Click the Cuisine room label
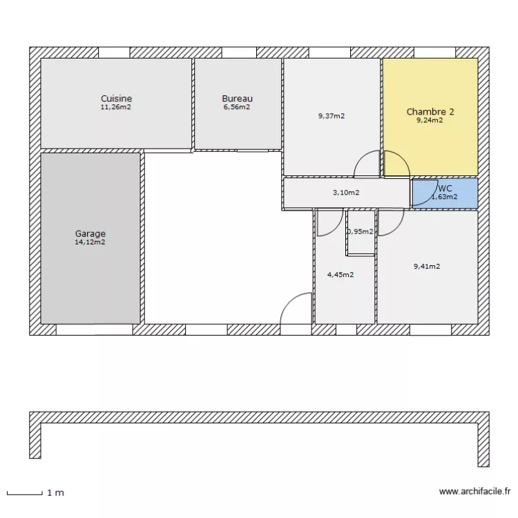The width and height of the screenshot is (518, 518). pos(116,99)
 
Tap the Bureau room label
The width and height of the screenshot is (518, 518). pos(237,99)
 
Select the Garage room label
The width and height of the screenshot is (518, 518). pos(90,233)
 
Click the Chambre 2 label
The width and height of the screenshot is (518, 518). pos(430,111)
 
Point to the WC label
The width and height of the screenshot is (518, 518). pos(445,188)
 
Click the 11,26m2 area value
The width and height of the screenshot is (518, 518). pos(116,107)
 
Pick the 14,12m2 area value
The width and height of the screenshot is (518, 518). pos(90,242)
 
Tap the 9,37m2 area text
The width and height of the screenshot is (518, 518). pos(332,116)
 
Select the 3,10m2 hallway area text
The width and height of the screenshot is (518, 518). pos(346,193)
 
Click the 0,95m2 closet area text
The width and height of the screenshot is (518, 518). pos(361,232)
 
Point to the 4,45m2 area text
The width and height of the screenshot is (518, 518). pos(340,275)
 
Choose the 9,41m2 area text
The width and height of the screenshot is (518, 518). pos(427,266)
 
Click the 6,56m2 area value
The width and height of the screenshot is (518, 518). pos(237,107)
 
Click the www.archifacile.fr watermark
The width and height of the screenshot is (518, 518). pos(474,492)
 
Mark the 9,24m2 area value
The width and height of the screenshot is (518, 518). pos(430,120)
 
